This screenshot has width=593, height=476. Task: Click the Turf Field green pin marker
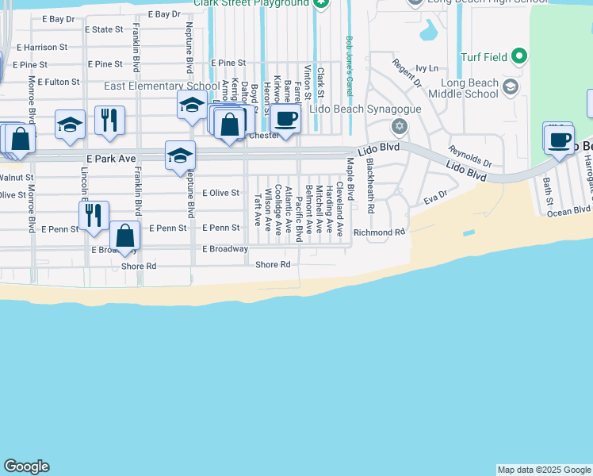click(518, 56)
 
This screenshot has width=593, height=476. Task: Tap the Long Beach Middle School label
click(469, 88)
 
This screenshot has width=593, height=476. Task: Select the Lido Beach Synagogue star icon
click(399, 126)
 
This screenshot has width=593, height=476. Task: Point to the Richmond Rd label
click(379, 232)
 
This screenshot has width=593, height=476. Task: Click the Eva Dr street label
click(435, 194)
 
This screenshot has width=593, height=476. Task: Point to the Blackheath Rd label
click(370, 186)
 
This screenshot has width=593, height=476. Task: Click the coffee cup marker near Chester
click(285, 119)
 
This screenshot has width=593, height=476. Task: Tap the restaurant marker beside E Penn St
click(94, 215)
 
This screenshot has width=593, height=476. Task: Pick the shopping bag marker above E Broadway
click(124, 235)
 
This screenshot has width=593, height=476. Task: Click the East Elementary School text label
click(162, 86)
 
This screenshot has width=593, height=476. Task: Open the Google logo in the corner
click(26, 466)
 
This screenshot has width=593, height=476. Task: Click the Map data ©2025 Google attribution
click(544, 470)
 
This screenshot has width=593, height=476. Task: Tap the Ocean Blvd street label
click(568, 210)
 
